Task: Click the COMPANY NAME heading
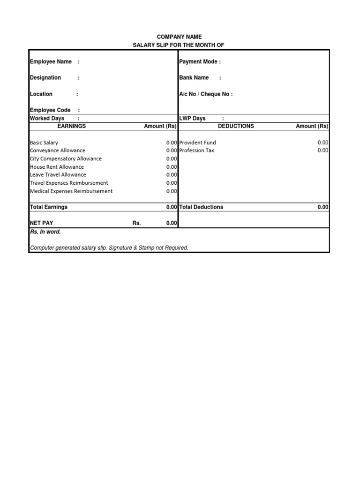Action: click(x=180, y=37)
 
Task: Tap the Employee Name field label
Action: click(x=51, y=61)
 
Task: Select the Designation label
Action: click(x=45, y=78)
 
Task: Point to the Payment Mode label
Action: click(x=200, y=61)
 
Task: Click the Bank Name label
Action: click(x=194, y=78)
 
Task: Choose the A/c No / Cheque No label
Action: click(x=206, y=94)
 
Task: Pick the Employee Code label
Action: click(x=50, y=110)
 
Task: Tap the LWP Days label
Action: click(x=193, y=118)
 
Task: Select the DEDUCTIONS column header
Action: click(x=236, y=126)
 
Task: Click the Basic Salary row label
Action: click(x=44, y=142)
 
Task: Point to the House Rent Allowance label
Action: click(x=57, y=167)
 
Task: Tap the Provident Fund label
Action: click(x=198, y=142)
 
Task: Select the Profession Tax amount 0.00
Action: click(x=323, y=150)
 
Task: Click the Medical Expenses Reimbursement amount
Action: click(x=172, y=191)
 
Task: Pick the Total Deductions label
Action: click(x=201, y=207)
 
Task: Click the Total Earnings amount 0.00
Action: click(x=172, y=207)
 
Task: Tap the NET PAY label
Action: click(x=41, y=223)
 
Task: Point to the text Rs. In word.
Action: click(x=45, y=232)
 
